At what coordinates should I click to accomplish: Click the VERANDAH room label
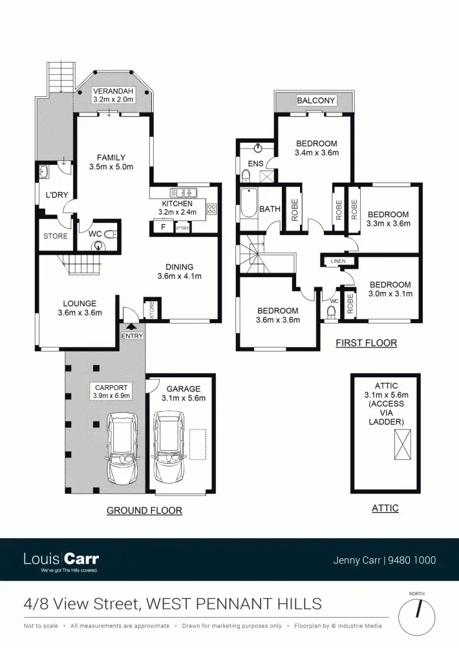[x=113, y=90]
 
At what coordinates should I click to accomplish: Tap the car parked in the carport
[x=122, y=450]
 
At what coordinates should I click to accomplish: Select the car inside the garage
[x=168, y=450]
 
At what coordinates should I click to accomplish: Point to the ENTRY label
[x=132, y=336]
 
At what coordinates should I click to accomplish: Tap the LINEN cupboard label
[x=338, y=261]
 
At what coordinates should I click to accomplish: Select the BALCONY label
[x=315, y=100]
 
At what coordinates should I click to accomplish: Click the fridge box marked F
[x=162, y=227]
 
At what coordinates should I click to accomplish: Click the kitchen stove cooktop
[x=211, y=208]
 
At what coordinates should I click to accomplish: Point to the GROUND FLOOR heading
[x=144, y=510]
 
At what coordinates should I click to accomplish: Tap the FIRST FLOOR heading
[x=366, y=343]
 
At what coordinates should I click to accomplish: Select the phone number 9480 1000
[x=411, y=561]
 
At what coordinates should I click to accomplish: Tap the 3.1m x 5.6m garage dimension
[x=186, y=398]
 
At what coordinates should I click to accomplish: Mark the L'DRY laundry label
[x=56, y=195]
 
